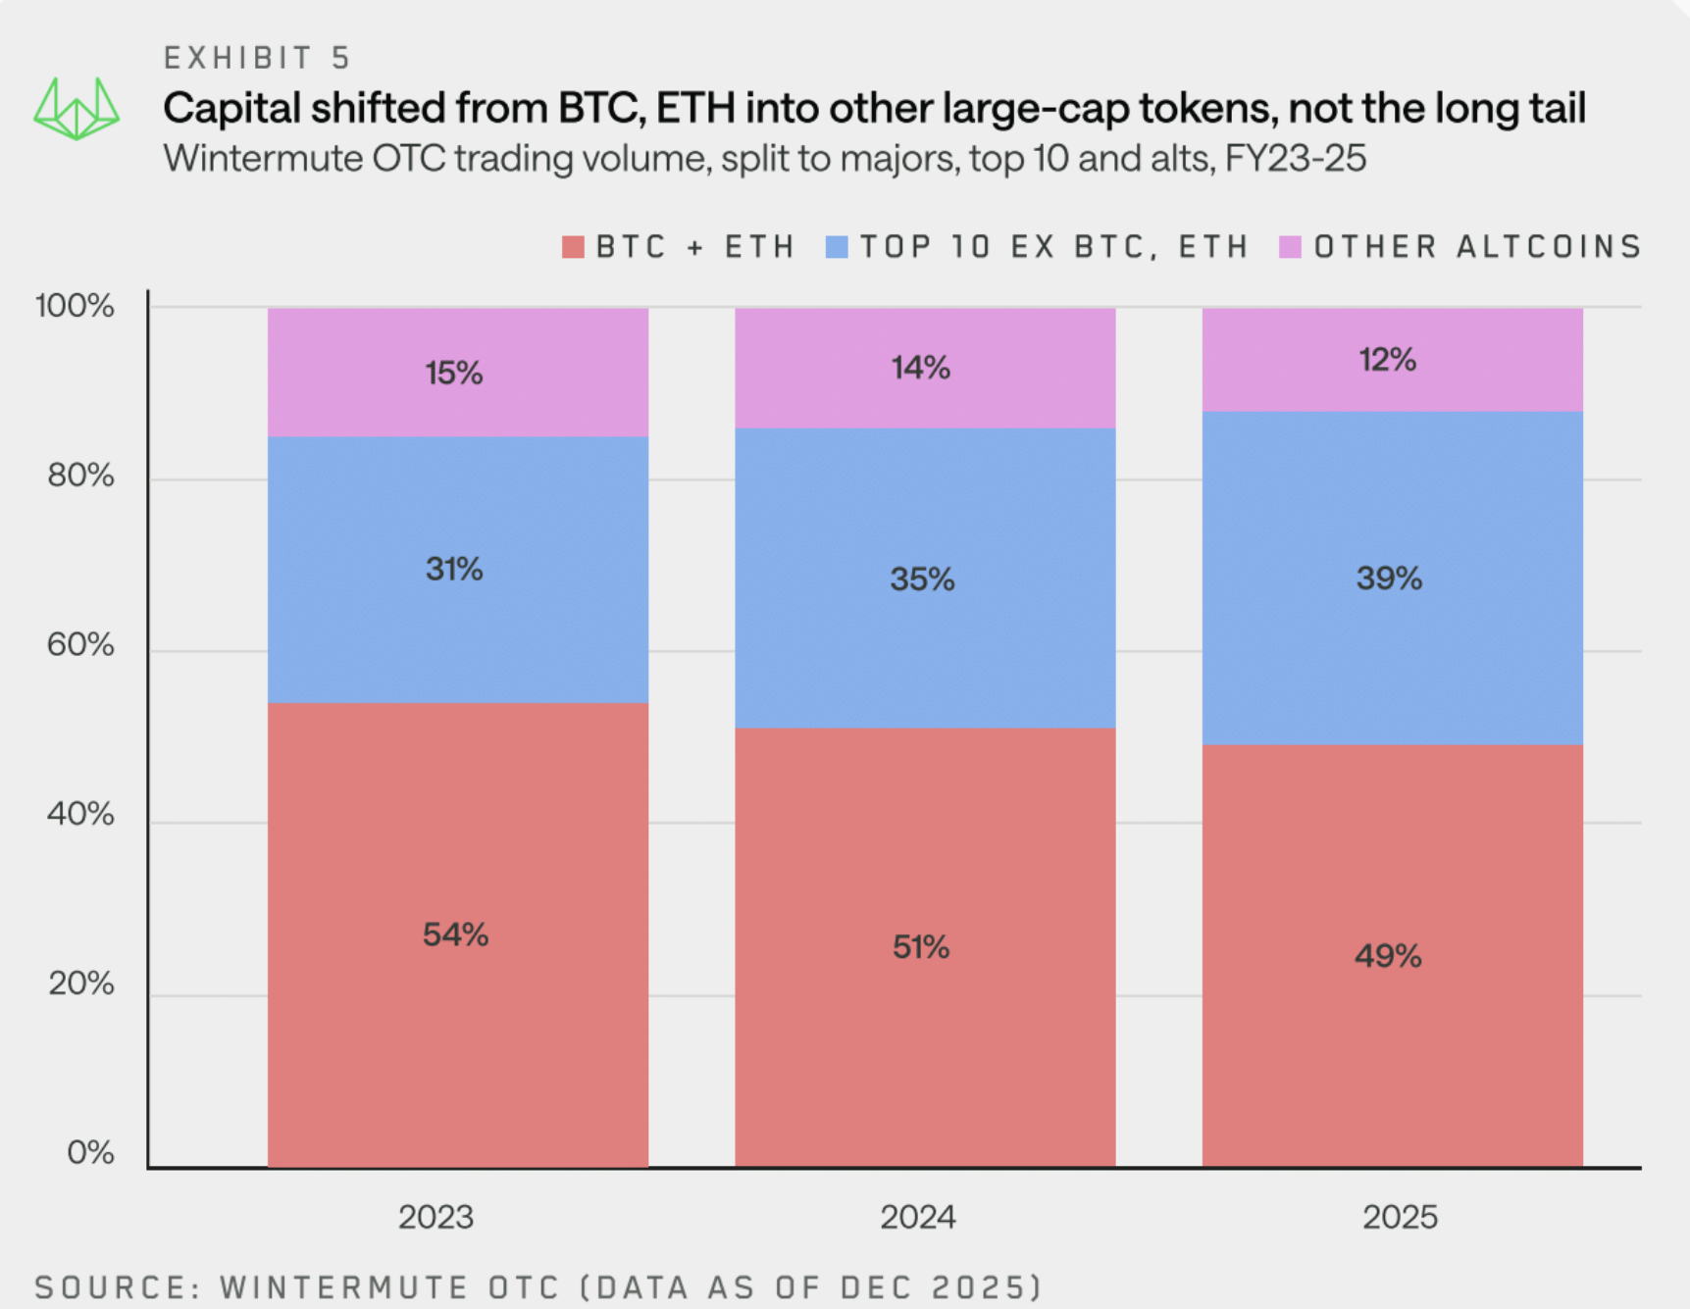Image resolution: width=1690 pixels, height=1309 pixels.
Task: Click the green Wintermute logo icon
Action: click(77, 108)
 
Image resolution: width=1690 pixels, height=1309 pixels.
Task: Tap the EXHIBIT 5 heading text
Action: click(257, 58)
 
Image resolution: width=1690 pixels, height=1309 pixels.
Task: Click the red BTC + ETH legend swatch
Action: click(573, 247)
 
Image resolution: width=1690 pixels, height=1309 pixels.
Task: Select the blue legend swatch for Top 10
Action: click(837, 247)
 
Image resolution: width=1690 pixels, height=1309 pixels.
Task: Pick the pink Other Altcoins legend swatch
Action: click(1290, 247)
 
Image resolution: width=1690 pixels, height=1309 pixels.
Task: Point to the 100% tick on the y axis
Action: click(75, 306)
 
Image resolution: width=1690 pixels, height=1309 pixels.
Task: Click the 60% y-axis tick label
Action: click(80, 645)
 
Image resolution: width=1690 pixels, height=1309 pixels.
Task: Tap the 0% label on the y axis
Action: click(90, 1153)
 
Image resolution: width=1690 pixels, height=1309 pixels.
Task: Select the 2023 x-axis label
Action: click(435, 1218)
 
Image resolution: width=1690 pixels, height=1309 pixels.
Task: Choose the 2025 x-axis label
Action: click(1400, 1218)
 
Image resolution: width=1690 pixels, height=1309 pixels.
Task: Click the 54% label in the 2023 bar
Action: click(455, 934)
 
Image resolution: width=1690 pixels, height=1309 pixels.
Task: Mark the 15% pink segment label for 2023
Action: click(453, 374)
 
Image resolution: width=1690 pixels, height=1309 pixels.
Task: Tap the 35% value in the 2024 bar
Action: click(922, 579)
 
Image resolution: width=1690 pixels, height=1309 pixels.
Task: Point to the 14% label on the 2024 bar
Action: click(920, 368)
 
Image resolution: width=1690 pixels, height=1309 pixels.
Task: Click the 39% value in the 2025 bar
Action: click(1389, 579)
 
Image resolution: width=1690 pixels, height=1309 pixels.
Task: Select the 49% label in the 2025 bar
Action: click(1388, 956)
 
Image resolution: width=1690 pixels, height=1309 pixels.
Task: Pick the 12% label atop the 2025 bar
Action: click(1387, 360)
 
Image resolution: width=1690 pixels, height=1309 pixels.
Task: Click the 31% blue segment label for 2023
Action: click(454, 569)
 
